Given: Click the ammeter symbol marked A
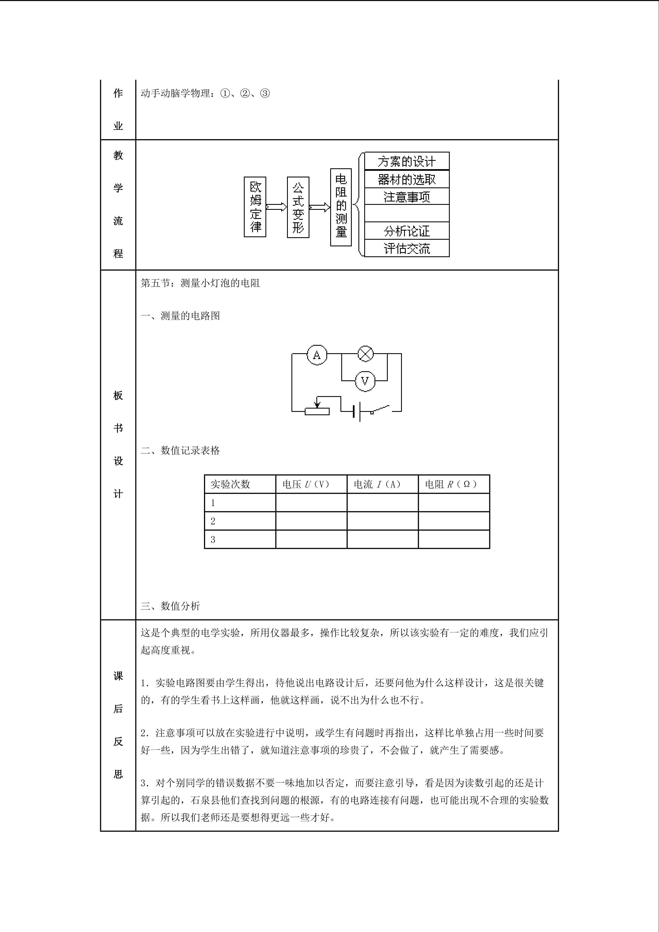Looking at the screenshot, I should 317,355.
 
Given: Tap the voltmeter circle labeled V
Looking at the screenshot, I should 365,381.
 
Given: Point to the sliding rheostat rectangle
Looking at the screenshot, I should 317,412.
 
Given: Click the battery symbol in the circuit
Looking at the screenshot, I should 357,412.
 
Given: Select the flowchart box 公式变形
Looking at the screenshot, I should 298,207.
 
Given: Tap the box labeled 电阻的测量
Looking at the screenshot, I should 341,207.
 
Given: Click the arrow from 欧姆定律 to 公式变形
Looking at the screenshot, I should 276,207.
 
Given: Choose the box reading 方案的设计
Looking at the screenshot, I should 407,161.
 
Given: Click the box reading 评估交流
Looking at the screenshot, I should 407,248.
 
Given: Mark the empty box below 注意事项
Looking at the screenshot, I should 407,213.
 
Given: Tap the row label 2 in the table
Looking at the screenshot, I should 213,521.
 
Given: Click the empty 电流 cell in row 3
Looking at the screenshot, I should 382,539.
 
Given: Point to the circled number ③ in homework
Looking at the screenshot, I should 265,94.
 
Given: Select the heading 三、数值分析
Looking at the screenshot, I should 170,606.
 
